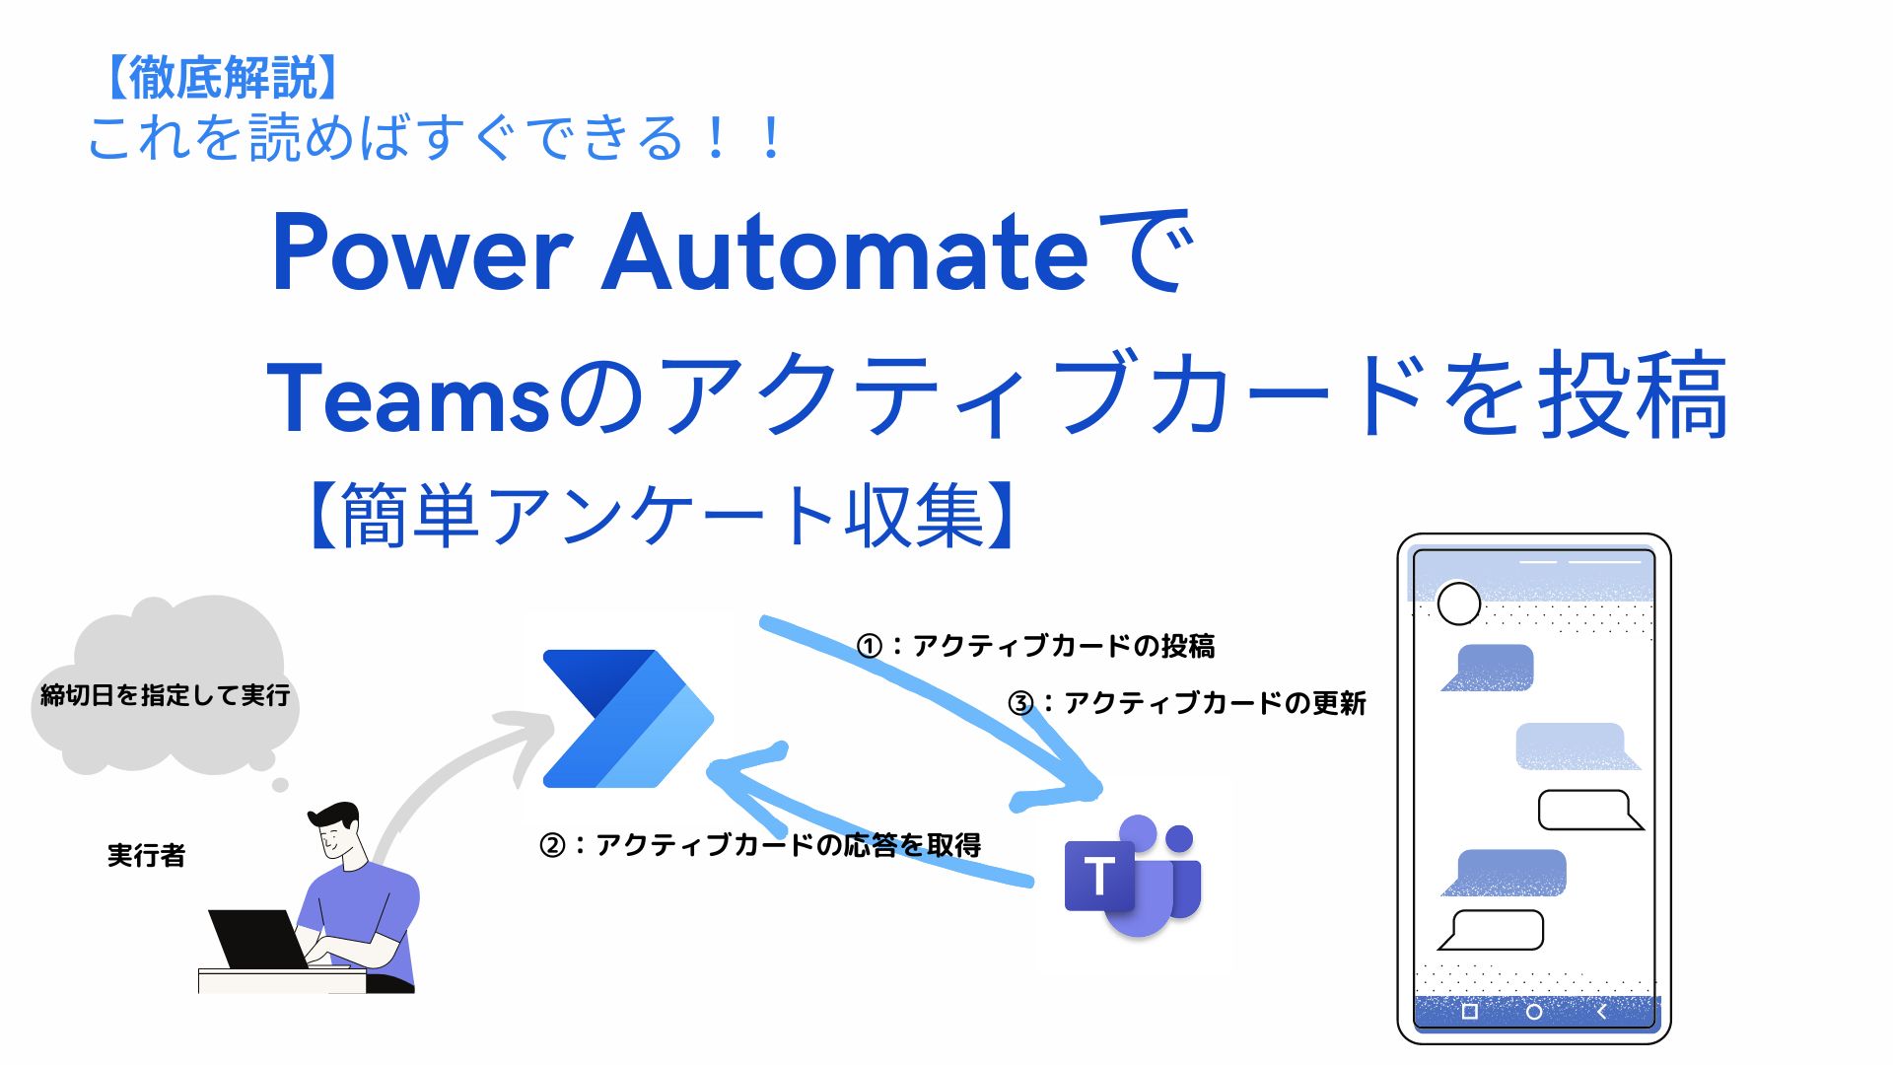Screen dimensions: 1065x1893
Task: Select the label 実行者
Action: (x=146, y=855)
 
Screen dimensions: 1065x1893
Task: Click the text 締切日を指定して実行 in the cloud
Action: (x=165, y=695)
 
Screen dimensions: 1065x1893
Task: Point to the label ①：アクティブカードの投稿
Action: (x=1035, y=646)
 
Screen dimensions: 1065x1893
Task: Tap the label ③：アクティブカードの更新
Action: (x=1186, y=703)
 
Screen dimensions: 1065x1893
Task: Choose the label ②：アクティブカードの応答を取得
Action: (x=759, y=845)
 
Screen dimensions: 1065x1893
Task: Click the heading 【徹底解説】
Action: (x=222, y=77)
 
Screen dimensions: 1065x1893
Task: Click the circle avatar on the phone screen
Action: (x=1458, y=603)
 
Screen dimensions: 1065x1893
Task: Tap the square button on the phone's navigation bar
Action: (x=1469, y=1012)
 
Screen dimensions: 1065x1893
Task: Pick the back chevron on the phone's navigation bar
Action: (x=1601, y=1012)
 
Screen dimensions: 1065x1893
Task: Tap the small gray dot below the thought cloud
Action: (x=280, y=785)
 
